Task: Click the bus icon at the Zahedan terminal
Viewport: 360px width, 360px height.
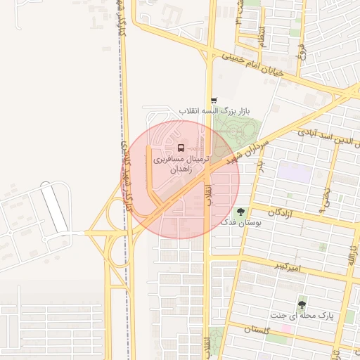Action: pyautogui.click(x=181, y=148)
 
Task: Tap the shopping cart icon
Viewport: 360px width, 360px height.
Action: pyautogui.click(x=214, y=101)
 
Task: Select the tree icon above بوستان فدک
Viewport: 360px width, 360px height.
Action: pyautogui.click(x=241, y=210)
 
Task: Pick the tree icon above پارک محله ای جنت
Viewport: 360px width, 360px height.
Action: pyautogui.click(x=302, y=304)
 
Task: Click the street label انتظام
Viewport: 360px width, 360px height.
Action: pyautogui.click(x=262, y=35)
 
